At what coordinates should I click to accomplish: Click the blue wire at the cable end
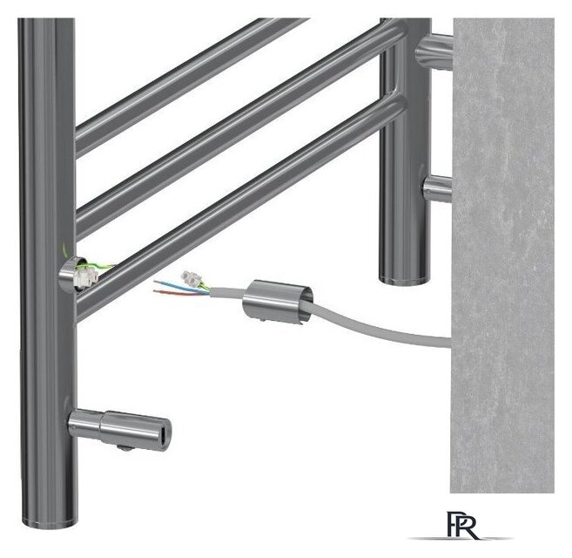click(x=178, y=284)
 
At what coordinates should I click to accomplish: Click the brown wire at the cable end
click(x=178, y=292)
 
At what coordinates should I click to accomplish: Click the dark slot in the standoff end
click(x=164, y=434)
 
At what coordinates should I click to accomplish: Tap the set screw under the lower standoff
click(x=124, y=447)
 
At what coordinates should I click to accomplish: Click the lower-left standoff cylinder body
click(x=119, y=427)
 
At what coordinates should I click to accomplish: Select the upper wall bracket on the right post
click(x=434, y=51)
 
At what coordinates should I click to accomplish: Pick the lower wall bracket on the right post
click(x=437, y=188)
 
